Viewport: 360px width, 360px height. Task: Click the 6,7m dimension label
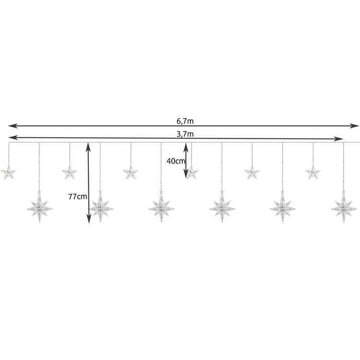coord(185,121)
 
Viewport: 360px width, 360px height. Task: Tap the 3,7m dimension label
coord(185,134)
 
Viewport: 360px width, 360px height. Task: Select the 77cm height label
coord(78,196)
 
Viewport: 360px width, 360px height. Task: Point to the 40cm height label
coord(176,161)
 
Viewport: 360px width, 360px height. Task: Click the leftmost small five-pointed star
coord(9,172)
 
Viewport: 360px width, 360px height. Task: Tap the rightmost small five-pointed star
coord(313,172)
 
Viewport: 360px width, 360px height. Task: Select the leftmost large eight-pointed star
coord(39,207)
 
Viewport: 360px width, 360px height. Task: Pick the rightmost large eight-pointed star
coord(344,207)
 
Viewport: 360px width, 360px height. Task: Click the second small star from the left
coord(70,172)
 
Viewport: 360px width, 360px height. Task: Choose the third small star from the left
coord(131,172)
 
